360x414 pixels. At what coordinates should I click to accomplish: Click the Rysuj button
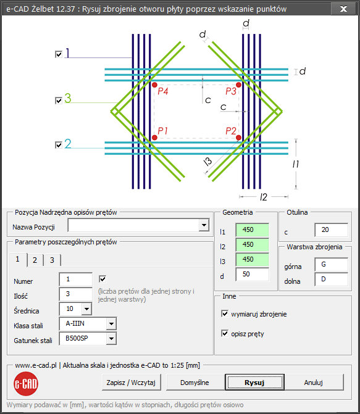[x=254, y=383]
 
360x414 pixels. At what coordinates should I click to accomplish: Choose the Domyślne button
[x=195, y=383]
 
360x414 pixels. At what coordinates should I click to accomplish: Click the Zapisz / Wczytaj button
[x=131, y=383]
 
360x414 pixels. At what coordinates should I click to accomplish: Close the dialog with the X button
[x=343, y=9]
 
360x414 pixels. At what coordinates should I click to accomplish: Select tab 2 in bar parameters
[x=35, y=260]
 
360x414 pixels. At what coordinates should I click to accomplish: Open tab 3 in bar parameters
[x=52, y=260]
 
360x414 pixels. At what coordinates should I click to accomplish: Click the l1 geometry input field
[x=252, y=230]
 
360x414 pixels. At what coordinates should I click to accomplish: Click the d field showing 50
[x=252, y=275]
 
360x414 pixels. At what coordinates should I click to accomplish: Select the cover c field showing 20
[x=331, y=230]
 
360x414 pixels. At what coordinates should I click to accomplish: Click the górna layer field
[x=331, y=265]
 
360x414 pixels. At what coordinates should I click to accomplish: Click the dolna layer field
[x=331, y=279]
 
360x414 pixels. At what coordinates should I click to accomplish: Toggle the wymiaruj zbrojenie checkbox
[x=225, y=313]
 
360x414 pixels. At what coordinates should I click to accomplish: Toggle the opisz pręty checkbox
[x=225, y=333]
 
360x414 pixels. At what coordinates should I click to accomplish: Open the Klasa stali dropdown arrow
[x=111, y=324]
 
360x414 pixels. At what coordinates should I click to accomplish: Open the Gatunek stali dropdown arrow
[x=111, y=339]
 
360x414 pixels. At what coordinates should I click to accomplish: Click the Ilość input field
[x=75, y=294]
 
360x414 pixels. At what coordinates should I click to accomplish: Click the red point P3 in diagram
[x=239, y=85]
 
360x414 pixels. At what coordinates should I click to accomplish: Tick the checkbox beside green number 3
[x=59, y=101]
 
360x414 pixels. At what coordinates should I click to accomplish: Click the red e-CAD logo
[x=26, y=384]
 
